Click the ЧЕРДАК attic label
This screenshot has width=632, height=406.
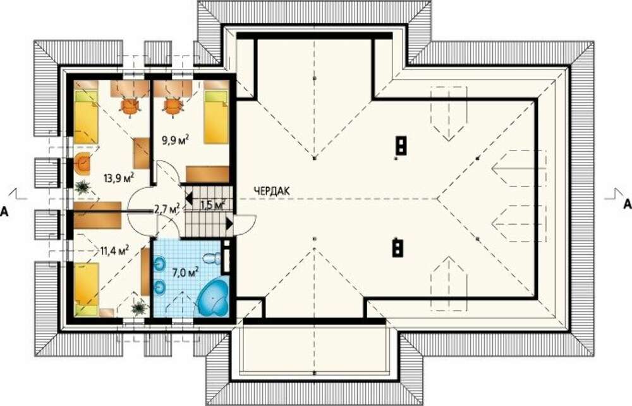tap(271, 191)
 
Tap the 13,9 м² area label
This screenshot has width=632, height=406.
tap(119, 178)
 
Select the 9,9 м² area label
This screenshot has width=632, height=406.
tap(176, 140)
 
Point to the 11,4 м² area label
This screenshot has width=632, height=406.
tap(114, 251)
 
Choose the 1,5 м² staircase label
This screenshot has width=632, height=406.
tap(212, 205)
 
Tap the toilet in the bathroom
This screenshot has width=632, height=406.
tap(212, 258)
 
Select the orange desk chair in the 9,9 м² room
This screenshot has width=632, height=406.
tap(173, 106)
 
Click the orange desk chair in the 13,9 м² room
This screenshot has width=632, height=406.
tap(130, 106)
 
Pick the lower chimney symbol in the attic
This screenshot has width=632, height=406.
tap(398, 249)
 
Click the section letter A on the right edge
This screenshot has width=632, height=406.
tap(627, 204)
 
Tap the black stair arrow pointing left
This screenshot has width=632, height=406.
tap(189, 199)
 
